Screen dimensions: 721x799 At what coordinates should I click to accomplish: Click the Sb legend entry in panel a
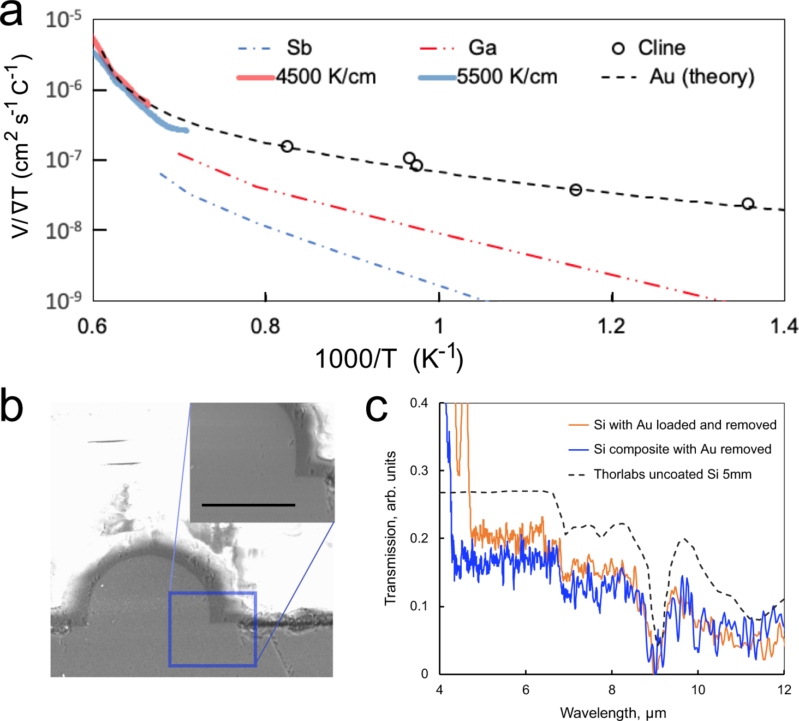pyautogui.click(x=299, y=48)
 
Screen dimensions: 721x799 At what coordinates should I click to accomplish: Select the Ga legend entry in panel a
pyautogui.click(x=482, y=48)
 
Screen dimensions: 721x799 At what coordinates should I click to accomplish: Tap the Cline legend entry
pyautogui.click(x=661, y=48)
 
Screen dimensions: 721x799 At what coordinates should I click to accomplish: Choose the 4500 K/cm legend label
pyautogui.click(x=326, y=77)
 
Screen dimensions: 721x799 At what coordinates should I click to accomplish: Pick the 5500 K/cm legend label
pyautogui.click(x=507, y=77)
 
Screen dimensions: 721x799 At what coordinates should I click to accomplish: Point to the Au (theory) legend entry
pyautogui.click(x=701, y=77)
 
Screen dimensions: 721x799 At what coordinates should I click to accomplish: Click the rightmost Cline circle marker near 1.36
pyautogui.click(x=748, y=204)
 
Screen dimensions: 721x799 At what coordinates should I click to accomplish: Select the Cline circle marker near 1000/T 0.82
pyautogui.click(x=287, y=146)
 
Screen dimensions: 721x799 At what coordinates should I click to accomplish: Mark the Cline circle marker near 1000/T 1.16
pyautogui.click(x=575, y=190)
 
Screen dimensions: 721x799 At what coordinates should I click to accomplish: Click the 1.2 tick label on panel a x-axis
pyautogui.click(x=611, y=326)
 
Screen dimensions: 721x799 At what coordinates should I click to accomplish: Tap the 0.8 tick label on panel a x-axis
pyautogui.click(x=265, y=326)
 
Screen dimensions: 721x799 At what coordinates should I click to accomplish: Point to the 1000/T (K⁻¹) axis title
pyautogui.click(x=389, y=359)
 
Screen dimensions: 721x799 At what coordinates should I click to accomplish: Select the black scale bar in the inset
pyautogui.click(x=248, y=505)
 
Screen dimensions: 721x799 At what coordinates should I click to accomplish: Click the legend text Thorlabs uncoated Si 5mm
pyautogui.click(x=672, y=474)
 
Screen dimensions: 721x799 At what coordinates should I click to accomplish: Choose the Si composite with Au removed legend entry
pyautogui.click(x=682, y=449)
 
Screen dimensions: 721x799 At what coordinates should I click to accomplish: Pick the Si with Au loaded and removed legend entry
pyautogui.click(x=685, y=425)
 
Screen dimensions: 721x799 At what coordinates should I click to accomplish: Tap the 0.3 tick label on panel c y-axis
pyautogui.click(x=419, y=470)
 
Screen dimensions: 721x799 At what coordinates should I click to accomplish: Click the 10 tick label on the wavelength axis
pyautogui.click(x=698, y=690)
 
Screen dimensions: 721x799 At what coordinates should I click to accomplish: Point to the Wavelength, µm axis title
pyautogui.click(x=612, y=713)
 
